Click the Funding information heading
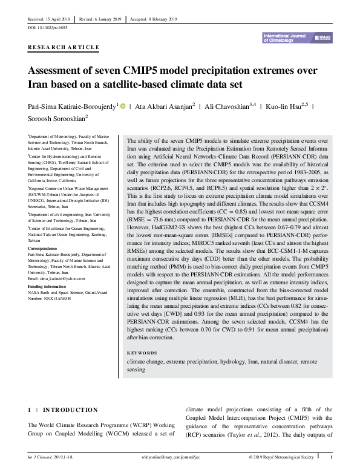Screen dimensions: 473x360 pyautogui.click(x=47, y=285)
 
